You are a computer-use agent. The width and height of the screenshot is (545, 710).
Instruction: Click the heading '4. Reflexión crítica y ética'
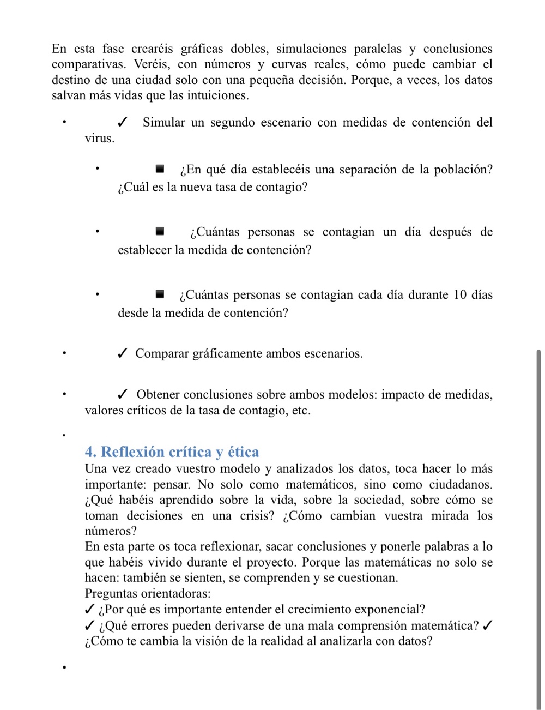click(172, 452)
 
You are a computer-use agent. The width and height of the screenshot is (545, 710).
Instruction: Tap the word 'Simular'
click(164, 123)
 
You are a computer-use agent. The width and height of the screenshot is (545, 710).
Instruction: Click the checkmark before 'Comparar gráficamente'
click(123, 354)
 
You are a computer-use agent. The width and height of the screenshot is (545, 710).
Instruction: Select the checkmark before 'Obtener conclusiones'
click(123, 395)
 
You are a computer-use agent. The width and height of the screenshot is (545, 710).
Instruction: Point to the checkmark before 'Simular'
click(123, 123)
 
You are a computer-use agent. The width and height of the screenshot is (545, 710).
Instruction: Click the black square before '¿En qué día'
click(160, 169)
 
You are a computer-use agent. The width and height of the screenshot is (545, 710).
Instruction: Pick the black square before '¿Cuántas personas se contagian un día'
click(160, 232)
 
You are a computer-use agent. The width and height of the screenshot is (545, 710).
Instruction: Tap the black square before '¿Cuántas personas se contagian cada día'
click(160, 294)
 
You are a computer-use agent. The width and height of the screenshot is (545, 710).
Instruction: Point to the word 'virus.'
click(100, 139)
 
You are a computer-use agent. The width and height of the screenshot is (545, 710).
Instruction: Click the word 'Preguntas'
click(111, 594)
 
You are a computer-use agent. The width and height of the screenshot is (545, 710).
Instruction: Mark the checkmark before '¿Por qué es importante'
click(90, 610)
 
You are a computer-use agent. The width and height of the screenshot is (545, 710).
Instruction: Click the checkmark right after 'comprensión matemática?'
click(488, 625)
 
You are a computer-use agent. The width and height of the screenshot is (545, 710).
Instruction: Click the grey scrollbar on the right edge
click(538, 529)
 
